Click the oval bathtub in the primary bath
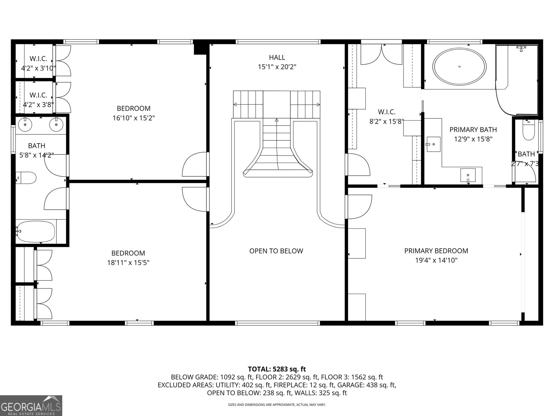[x=459, y=67]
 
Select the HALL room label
[x=277, y=57]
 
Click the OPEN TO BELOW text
[x=276, y=251]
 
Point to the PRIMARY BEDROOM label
[x=436, y=251]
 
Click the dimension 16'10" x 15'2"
[x=133, y=118]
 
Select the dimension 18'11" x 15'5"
[x=128, y=263]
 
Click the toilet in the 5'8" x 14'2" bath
[x=27, y=178]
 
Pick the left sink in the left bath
[x=25, y=124]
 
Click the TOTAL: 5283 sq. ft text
[x=277, y=369]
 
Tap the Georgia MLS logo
[x=31, y=406]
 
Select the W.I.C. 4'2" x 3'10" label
[x=38, y=63]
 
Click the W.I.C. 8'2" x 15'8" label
[x=387, y=116]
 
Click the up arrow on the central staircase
[x=277, y=120]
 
